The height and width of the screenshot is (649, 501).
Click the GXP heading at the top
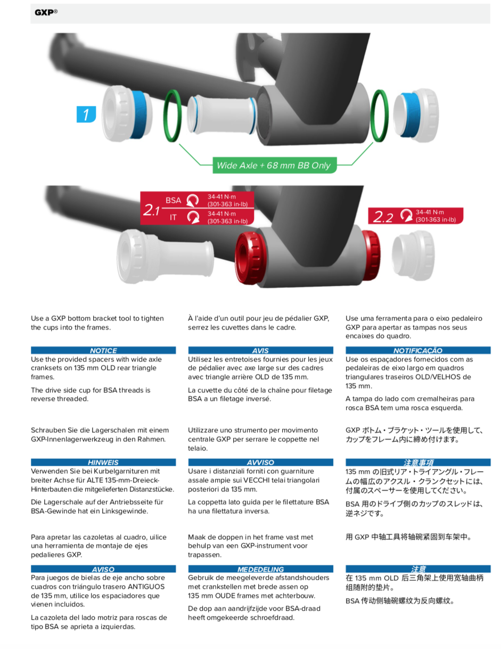tap(45, 12)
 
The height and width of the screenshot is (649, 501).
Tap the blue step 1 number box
tap(86, 114)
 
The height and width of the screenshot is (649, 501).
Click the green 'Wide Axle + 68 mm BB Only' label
tap(273, 165)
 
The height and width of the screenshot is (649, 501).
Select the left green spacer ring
tap(174, 116)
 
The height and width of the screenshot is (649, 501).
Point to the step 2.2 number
tap(383, 217)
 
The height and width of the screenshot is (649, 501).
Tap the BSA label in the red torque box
tap(173, 200)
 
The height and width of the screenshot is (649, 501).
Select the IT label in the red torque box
tap(173, 217)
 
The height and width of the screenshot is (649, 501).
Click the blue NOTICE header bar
tap(103, 350)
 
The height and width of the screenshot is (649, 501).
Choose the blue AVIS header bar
tap(260, 350)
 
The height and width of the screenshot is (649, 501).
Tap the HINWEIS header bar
tap(103, 462)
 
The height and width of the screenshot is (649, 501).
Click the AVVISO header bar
tap(260, 462)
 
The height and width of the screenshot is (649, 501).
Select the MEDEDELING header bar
tap(260, 569)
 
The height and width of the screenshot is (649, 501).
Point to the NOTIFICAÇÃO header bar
tap(418, 350)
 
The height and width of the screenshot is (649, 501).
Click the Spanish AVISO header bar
tap(103, 569)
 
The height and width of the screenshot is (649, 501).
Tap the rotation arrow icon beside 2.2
tap(406, 215)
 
